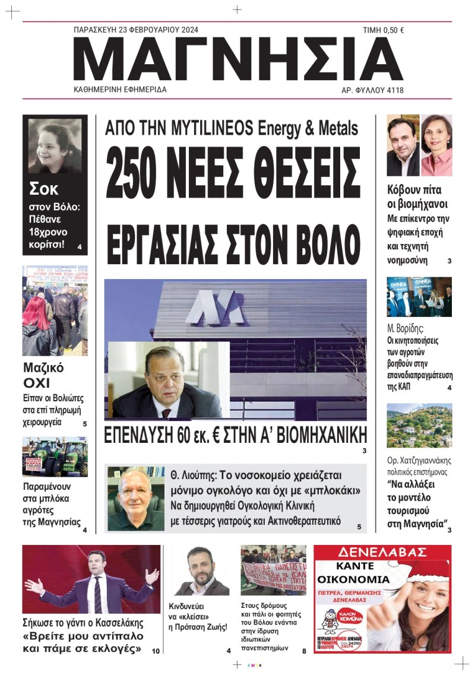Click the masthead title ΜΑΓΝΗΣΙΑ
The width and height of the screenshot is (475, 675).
(237, 59)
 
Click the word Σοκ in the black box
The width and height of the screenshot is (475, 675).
(45, 189)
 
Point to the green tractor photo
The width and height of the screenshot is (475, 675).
(55, 457)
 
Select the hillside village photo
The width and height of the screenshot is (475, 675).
(419, 425)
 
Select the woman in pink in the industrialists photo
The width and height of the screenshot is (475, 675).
(436, 145)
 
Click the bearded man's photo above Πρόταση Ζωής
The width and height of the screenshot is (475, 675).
(202, 570)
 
